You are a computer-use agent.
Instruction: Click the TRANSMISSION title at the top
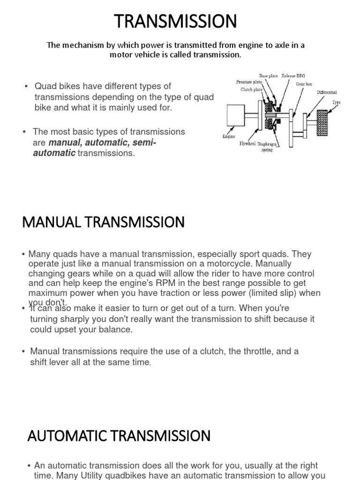point(176,22)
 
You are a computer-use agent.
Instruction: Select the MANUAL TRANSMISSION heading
point(103,222)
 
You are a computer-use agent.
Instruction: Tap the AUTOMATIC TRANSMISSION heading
point(119,436)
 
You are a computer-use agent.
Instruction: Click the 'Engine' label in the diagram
point(228,137)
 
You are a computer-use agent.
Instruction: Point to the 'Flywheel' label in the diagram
point(247,143)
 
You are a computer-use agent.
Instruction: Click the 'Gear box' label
point(304,84)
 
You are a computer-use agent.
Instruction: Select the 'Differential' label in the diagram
point(327,92)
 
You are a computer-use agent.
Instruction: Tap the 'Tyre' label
point(336,102)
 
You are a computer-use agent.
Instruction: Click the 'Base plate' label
point(269,75)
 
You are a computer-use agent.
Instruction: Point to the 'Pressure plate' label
point(249,82)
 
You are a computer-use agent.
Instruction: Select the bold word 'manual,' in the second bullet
point(65,142)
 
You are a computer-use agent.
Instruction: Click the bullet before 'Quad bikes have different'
point(26,87)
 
